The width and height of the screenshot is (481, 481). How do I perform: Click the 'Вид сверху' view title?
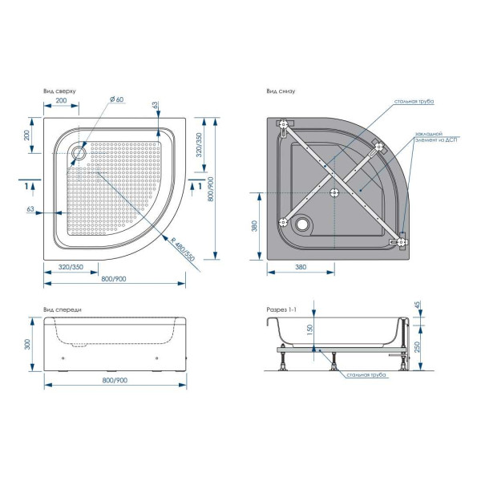59,91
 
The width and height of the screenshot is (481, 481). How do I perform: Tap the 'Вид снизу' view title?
281,91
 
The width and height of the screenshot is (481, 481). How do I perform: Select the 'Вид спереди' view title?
63,309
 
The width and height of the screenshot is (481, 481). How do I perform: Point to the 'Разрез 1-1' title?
281,309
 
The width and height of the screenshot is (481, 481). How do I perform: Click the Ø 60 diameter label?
116,99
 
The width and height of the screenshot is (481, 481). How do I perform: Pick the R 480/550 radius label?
183,249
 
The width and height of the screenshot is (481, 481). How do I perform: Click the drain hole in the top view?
79,152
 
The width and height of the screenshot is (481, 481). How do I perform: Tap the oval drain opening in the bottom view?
303,223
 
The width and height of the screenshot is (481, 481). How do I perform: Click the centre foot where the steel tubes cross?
334,192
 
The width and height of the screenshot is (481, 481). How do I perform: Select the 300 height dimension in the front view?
27,344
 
